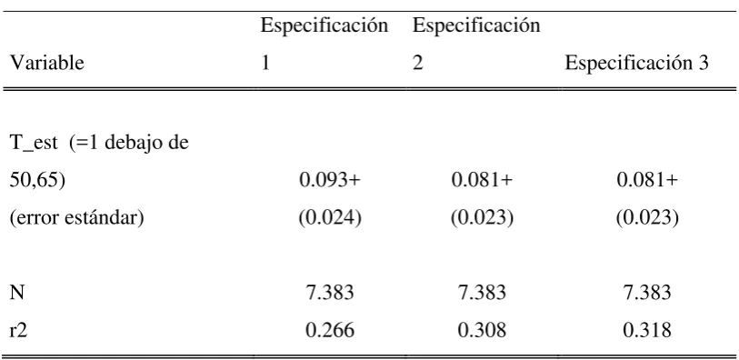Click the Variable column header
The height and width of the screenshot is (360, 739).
46,63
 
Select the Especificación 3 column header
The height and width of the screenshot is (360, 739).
636,63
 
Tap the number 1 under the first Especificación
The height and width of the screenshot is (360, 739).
265,63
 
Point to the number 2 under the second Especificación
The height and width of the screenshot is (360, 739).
417,63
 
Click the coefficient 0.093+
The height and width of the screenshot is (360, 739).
330,181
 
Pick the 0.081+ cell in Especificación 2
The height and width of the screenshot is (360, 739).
482,181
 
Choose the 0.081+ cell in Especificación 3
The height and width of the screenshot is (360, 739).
647,181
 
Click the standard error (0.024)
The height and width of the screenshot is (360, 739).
330,218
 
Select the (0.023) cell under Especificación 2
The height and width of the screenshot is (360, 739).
482,218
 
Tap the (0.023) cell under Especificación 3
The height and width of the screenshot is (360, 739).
647,218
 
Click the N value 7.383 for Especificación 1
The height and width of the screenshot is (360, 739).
330,293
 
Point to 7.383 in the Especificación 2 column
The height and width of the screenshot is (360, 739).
482,293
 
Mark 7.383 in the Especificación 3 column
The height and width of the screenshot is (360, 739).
647,293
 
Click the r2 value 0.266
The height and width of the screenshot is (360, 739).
330,330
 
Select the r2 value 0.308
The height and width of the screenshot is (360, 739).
482,330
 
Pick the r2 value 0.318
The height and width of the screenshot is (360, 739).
647,330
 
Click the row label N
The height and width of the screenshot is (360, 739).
17,293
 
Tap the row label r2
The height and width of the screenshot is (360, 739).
18,330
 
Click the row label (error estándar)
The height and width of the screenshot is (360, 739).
77,218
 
